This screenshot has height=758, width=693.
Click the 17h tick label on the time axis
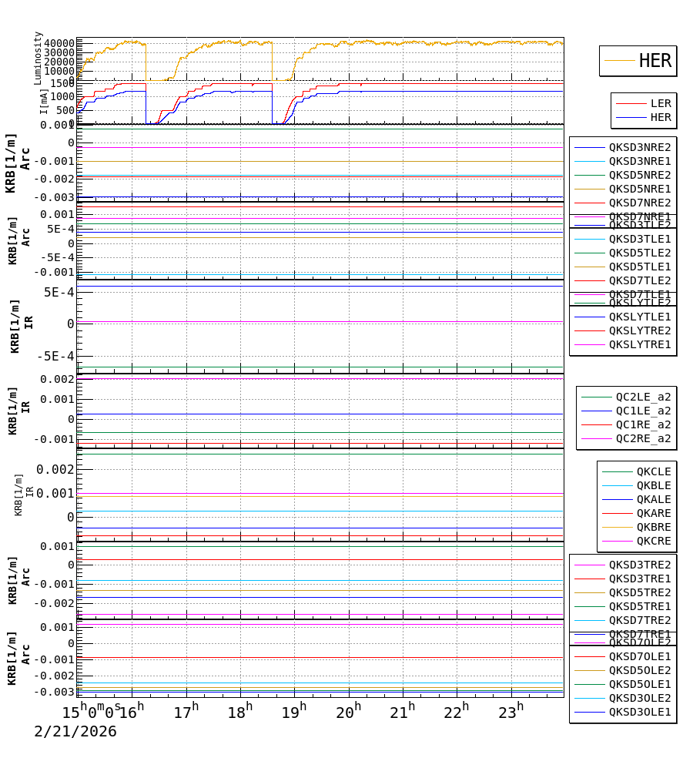186,713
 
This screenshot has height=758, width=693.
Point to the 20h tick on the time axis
348,713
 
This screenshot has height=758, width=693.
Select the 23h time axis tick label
511,713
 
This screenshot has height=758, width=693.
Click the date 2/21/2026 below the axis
75,732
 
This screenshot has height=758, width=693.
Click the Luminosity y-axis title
38,58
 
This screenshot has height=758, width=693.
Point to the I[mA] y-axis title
44,101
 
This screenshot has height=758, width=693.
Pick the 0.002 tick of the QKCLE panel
55,469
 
